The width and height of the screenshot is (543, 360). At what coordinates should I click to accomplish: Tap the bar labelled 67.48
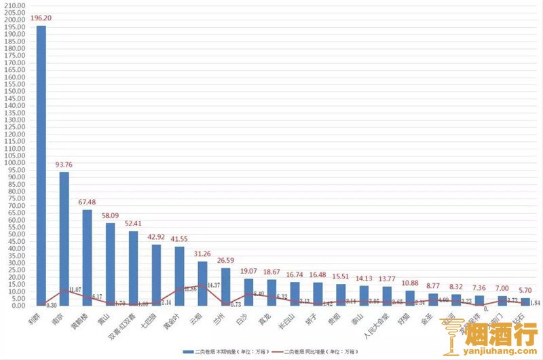point(87,257)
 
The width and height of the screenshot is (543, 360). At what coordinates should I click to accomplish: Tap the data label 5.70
point(525,290)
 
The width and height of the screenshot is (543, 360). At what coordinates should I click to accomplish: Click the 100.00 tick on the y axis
point(14,162)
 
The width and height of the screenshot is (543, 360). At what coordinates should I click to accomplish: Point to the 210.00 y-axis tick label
point(14,5)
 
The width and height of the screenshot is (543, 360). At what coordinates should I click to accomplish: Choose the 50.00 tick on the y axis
point(16,234)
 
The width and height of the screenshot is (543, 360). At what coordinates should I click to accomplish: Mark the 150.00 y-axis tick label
point(14,91)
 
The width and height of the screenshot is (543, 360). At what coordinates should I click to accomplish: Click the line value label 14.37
point(214,285)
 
